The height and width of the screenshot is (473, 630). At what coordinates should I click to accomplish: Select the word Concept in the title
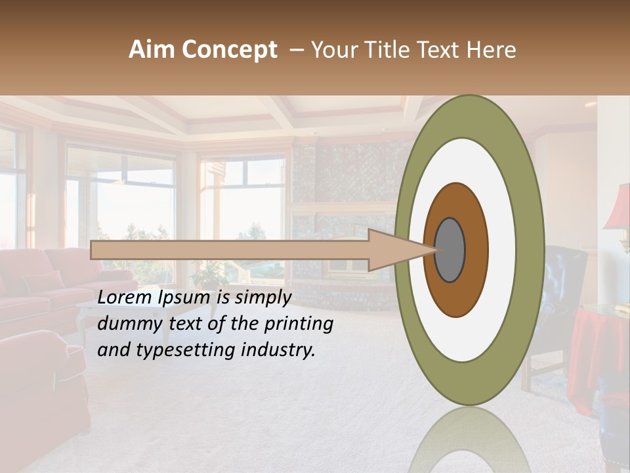(228, 50)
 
